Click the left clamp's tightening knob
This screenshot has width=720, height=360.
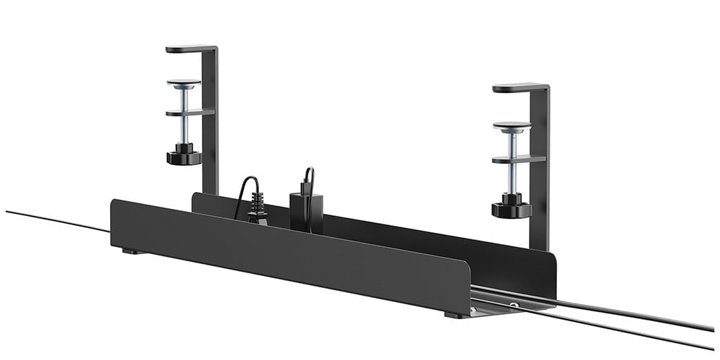click(x=184, y=156)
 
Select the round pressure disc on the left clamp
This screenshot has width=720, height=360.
click(x=184, y=83)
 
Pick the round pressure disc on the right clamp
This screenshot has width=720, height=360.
click(x=512, y=126)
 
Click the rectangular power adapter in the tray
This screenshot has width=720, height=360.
click(x=306, y=210)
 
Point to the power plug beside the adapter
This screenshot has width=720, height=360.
click(x=258, y=210)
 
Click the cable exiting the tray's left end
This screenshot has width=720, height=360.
click(x=56, y=220)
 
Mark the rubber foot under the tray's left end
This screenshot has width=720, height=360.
click(x=130, y=251)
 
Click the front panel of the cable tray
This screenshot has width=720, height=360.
click(x=282, y=254)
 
